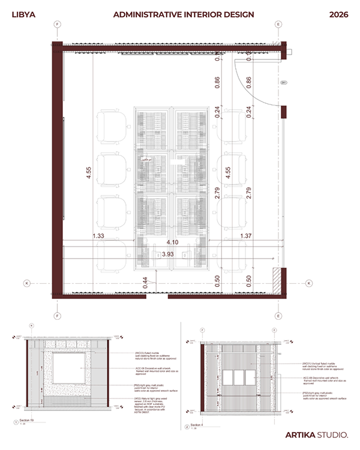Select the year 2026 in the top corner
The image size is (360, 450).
tap(339, 14)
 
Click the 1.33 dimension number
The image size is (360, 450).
tap(99, 236)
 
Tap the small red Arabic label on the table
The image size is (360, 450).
tap(144, 161)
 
